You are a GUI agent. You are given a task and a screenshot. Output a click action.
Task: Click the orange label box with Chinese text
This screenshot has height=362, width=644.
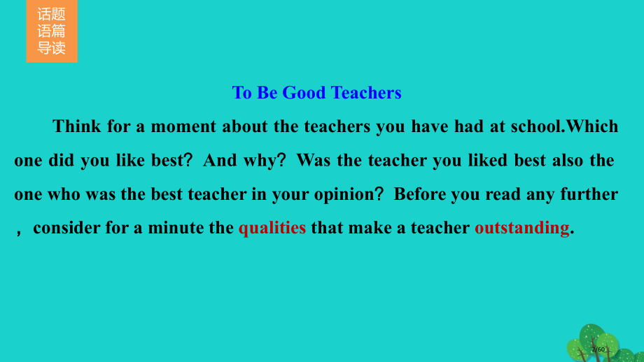pos(52,31)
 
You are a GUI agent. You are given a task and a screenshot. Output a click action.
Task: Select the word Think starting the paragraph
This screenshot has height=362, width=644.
pos(76,126)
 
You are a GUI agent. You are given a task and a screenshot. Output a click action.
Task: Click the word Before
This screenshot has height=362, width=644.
pos(419,194)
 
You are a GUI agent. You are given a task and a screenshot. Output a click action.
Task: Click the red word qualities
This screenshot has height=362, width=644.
pos(272,228)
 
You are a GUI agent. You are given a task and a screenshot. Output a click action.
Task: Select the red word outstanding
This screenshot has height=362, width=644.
pos(521,228)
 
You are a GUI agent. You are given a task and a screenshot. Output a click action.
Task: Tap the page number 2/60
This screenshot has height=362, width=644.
pos(598,349)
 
